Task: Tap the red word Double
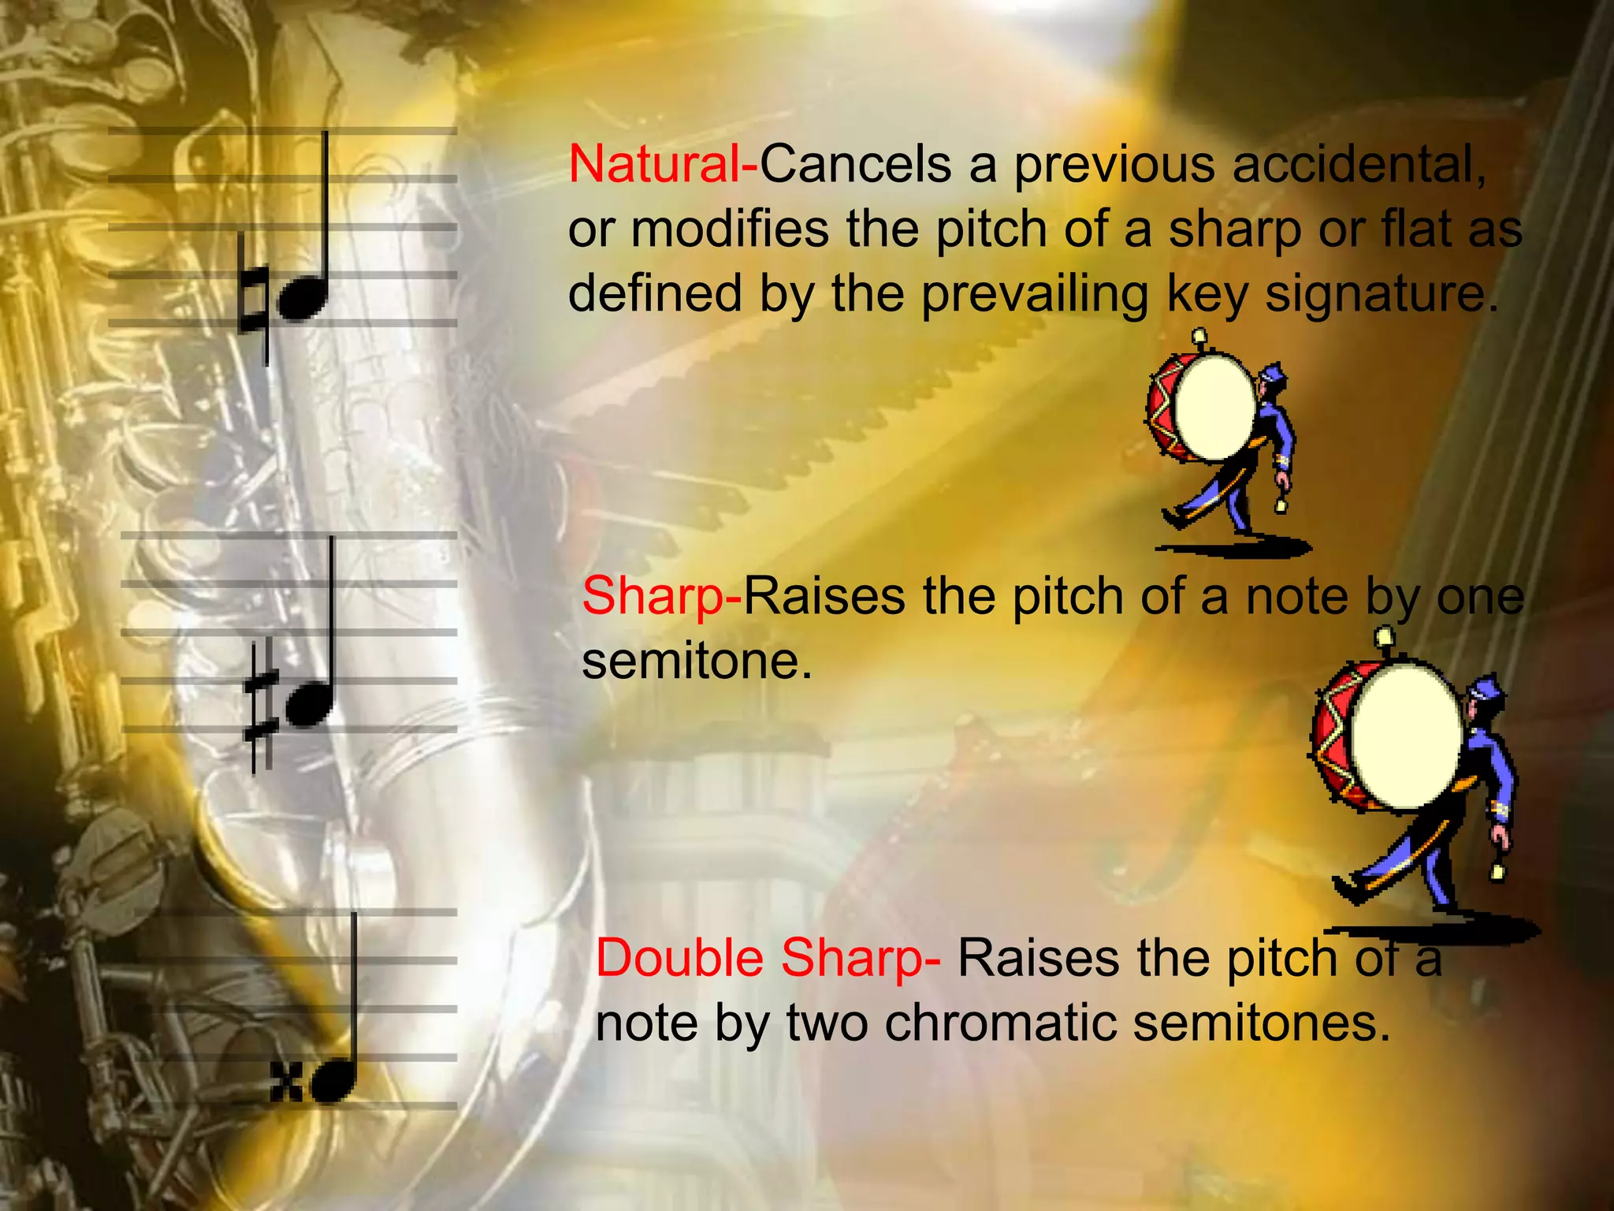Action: (x=679, y=959)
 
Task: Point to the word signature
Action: (x=1380, y=293)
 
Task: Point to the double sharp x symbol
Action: (x=286, y=1082)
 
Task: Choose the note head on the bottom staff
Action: (x=333, y=1080)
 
